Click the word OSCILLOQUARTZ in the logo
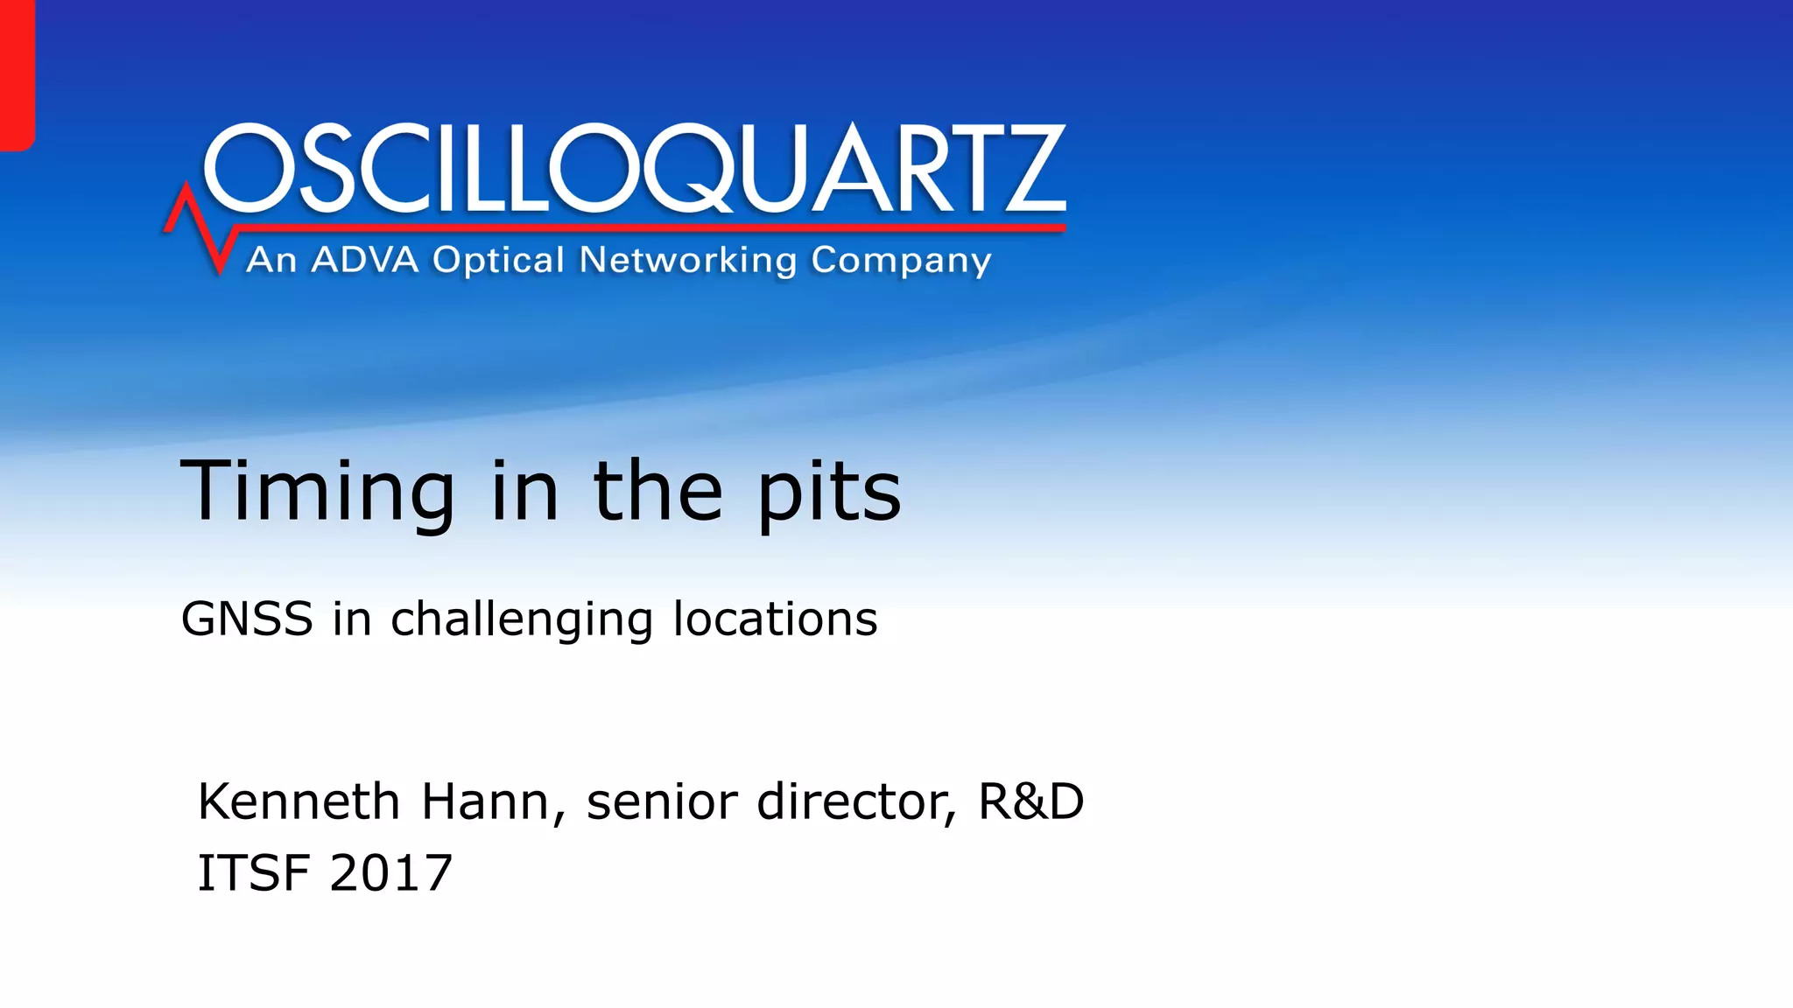635,168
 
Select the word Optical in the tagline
498,260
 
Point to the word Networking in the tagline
688,260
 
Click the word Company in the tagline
901,262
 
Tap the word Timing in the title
317,492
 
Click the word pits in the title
828,494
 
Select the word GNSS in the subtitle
247,619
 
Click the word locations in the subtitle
775,619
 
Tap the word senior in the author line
662,801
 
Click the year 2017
391,872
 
